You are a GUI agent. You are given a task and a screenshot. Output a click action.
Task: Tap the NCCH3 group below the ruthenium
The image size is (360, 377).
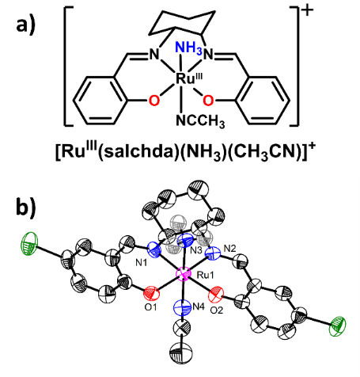[201, 121]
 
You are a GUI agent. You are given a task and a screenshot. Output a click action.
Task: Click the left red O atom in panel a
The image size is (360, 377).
[154, 101]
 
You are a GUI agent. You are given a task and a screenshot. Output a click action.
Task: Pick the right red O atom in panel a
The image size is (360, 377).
[208, 101]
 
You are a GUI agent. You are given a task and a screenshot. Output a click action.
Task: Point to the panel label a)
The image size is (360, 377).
[25, 26]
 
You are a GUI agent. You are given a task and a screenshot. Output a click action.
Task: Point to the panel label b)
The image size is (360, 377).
[26, 207]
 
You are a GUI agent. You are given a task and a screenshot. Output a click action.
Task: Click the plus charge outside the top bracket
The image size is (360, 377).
[307, 11]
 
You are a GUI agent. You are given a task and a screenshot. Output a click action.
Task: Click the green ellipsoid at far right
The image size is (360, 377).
[338, 326]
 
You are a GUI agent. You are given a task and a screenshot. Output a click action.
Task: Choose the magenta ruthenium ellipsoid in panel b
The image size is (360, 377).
[184, 275]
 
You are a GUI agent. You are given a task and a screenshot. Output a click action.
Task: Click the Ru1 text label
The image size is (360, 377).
[206, 275]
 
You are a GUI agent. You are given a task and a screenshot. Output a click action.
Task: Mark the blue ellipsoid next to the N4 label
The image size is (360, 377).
[183, 308]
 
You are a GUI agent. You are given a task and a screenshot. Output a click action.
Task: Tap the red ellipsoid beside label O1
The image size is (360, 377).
[152, 293]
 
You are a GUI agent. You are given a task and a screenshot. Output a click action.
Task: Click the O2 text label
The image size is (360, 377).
[217, 310]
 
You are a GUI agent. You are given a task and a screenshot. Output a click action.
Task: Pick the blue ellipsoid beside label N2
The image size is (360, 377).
[214, 254]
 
